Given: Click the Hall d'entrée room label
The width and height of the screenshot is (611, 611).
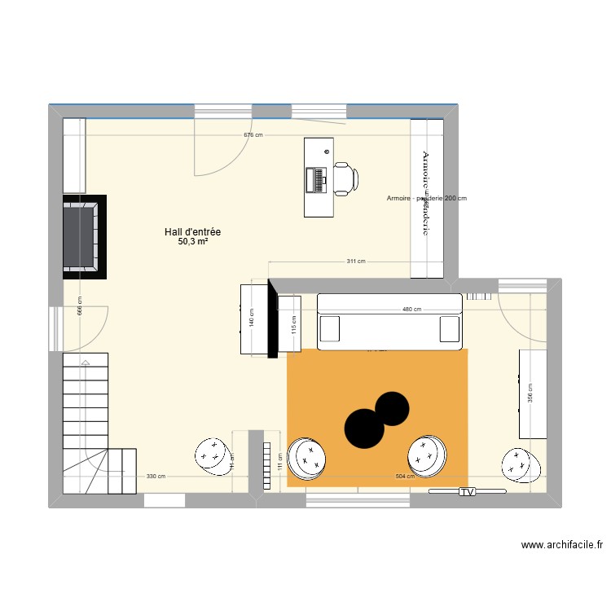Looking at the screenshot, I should [x=192, y=232].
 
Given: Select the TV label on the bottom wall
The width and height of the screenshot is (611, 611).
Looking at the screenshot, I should [x=467, y=492].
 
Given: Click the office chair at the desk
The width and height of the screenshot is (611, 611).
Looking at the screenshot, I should [x=343, y=178].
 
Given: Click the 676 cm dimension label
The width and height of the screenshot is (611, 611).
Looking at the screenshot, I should [x=253, y=135].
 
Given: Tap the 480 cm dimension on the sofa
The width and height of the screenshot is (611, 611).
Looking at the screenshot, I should [x=411, y=310].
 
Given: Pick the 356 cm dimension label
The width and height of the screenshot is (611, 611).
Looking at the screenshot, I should [x=530, y=393].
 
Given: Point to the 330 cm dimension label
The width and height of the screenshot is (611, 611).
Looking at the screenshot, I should [x=156, y=477].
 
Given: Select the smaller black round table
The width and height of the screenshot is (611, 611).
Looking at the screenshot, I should [x=391, y=408].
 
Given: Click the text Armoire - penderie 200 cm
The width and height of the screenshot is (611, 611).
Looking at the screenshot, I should [x=427, y=198].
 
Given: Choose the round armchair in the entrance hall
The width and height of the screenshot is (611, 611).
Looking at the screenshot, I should [x=213, y=455].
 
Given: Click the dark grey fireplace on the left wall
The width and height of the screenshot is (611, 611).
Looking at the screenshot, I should [x=82, y=236].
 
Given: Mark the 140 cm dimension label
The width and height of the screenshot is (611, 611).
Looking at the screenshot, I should [x=252, y=317].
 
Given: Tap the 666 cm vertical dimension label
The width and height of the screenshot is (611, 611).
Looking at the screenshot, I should [x=80, y=305].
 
